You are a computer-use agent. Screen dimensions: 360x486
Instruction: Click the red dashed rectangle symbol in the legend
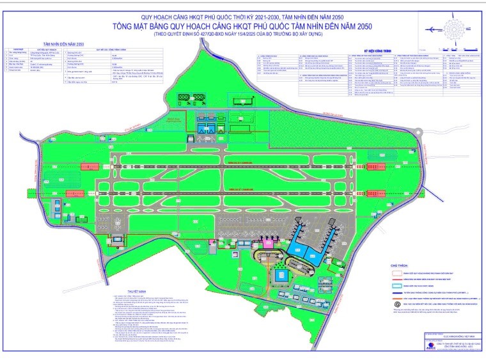pyautogui.click(x=398, y=274)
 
